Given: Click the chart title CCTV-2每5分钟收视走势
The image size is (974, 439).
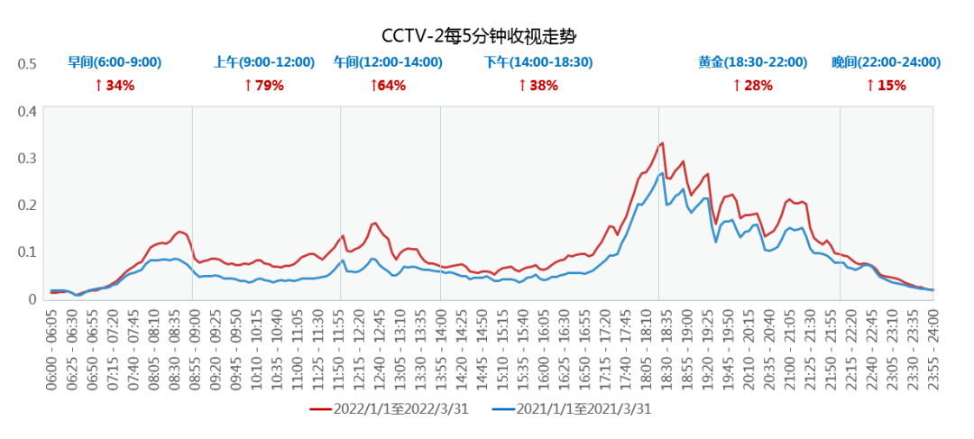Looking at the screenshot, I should coord(478,37).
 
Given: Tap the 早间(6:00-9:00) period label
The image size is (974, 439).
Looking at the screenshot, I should coord(115,63).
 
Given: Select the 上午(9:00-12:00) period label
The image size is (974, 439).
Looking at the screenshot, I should coord(264,63).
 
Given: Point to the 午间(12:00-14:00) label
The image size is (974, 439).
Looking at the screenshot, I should coord(388,63).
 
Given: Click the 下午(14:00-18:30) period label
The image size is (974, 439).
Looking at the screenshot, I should coord(538,63).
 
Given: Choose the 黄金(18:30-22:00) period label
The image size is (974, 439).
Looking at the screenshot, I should coord(752,63).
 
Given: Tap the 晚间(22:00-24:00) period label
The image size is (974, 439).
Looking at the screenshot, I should coord(886,63).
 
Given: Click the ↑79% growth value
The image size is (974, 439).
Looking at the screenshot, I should coord(264,86).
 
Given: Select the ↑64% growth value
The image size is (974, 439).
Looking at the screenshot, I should coord(388,86).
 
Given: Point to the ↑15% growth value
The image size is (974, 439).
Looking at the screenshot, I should coord(886,86).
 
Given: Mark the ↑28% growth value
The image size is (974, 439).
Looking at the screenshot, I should coord(752,86).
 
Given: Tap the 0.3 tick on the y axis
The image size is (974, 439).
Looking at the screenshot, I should coord(28,158).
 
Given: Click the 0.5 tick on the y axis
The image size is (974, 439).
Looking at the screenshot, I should coord(28,64).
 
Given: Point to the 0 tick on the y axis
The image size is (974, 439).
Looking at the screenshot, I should coord(32,298).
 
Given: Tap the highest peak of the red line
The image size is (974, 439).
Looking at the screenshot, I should coord(663,142).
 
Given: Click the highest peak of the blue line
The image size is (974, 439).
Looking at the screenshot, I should coord(663,173).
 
